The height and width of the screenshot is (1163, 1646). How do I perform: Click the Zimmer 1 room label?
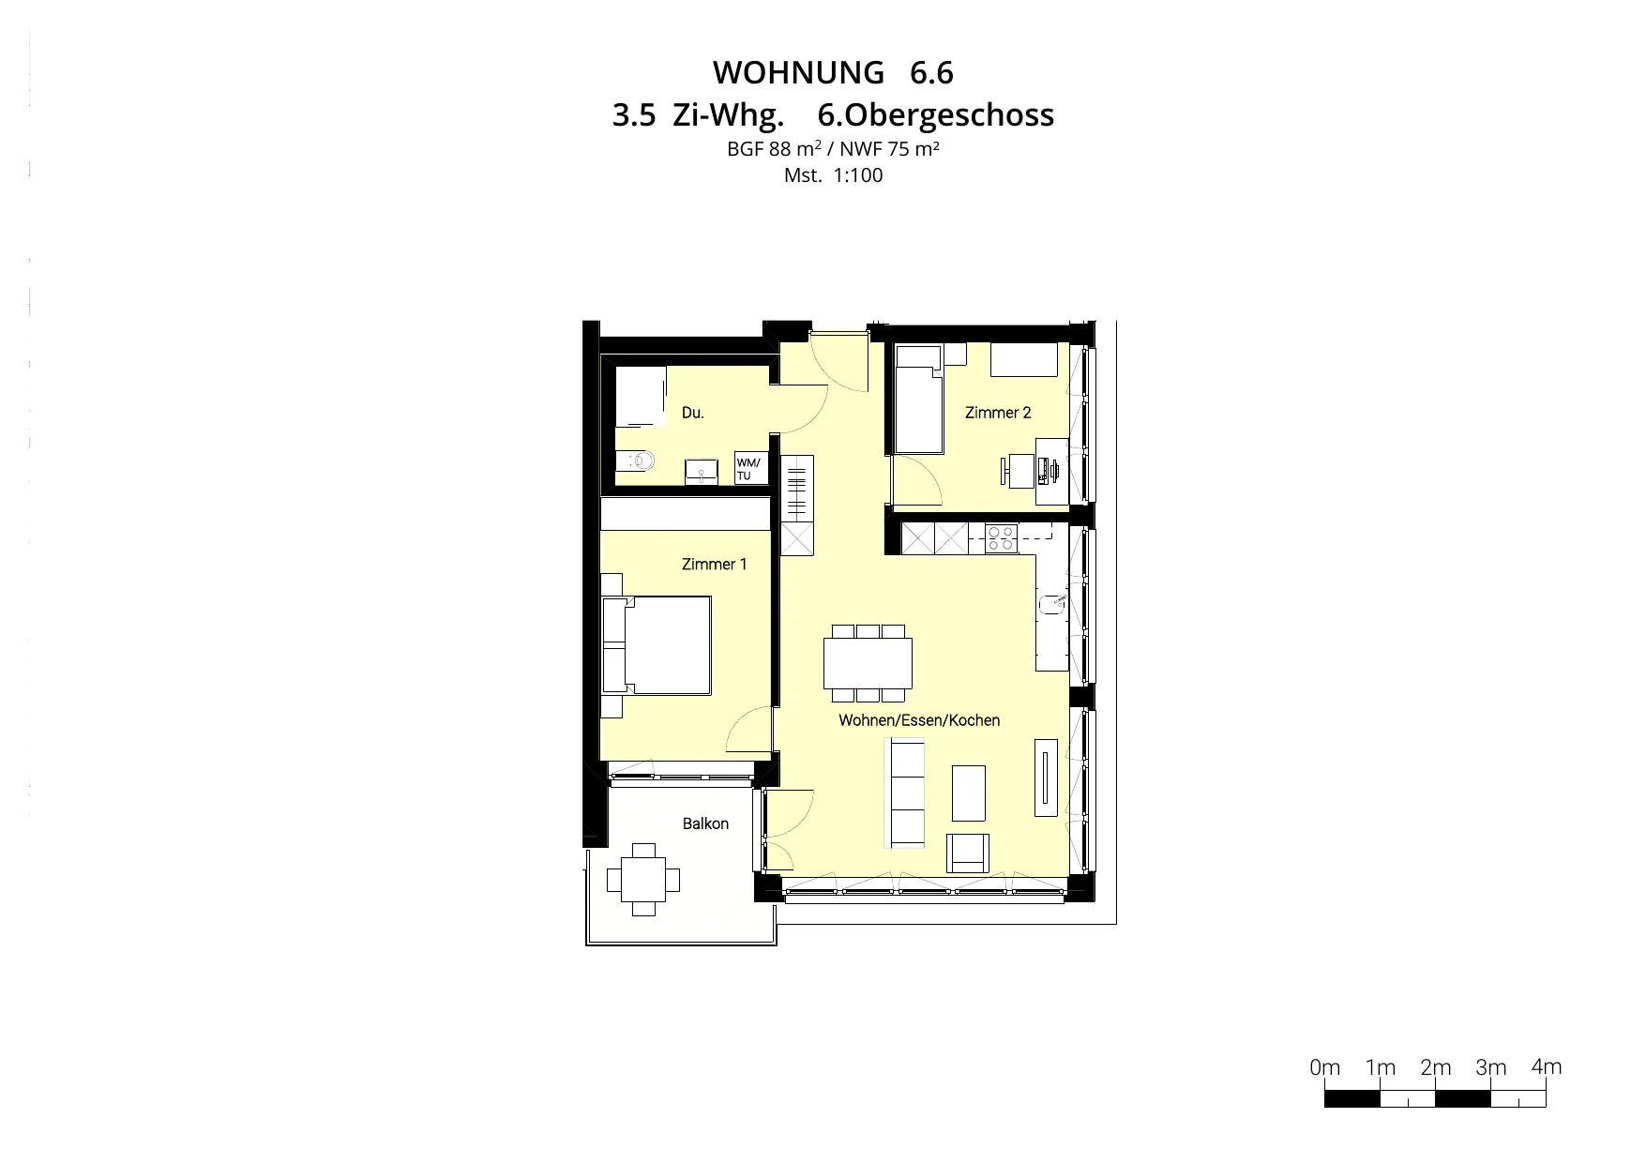(714, 564)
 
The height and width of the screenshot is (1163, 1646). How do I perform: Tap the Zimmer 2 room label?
(998, 413)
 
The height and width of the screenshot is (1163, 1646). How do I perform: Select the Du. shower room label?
(692, 413)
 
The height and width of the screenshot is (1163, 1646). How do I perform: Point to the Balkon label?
(705, 823)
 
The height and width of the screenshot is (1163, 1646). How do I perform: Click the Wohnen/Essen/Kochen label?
(919, 720)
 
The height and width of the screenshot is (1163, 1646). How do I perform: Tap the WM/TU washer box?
(750, 469)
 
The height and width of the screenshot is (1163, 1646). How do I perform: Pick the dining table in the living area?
(868, 663)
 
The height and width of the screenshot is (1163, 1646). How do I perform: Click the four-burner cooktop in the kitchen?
(1001, 537)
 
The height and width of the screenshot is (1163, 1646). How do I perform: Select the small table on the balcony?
(643, 880)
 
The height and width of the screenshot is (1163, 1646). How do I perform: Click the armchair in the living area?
(968, 853)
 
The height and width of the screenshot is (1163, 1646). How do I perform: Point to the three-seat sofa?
(906, 793)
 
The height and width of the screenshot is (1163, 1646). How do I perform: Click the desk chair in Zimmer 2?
(1016, 470)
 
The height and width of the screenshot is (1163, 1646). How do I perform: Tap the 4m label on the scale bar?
(1547, 1066)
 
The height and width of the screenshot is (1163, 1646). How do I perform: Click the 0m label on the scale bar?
(1325, 1067)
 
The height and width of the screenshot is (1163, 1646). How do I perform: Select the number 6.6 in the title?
(931, 72)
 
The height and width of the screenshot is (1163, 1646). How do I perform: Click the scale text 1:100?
(857, 175)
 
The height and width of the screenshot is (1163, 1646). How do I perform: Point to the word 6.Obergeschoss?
(936, 115)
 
